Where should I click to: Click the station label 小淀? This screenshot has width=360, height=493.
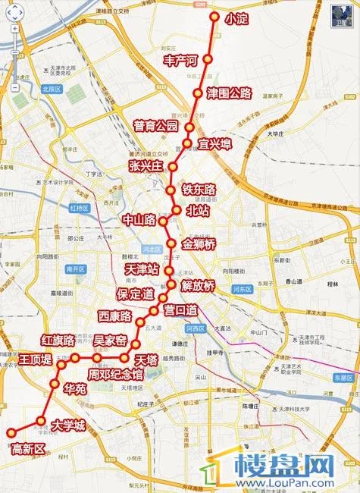(236, 20)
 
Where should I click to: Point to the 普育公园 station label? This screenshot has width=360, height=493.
(155, 126)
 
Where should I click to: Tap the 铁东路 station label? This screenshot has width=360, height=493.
(199, 189)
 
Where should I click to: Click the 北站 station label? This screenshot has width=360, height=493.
(198, 211)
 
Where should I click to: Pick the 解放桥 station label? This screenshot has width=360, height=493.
(198, 286)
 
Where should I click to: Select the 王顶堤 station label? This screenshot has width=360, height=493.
(36, 358)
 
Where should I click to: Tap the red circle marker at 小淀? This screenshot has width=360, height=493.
(214, 17)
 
